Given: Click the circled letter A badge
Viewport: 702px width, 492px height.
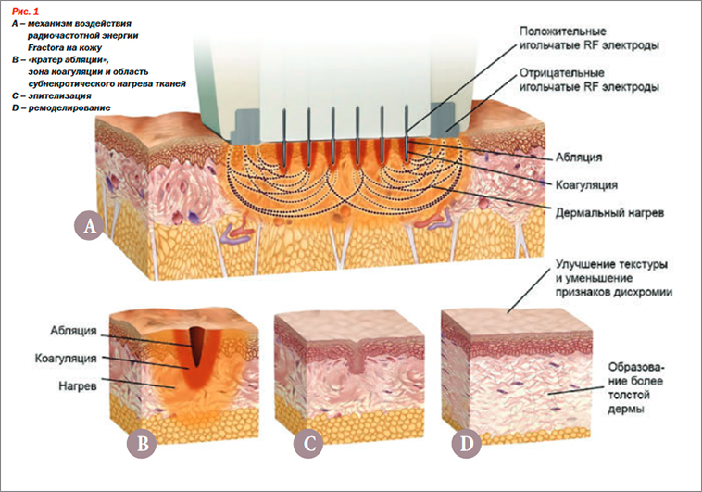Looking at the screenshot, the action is [90, 225].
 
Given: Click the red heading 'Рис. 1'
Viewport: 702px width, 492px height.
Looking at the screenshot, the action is [26, 12].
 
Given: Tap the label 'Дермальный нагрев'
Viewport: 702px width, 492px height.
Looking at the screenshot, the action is [609, 213].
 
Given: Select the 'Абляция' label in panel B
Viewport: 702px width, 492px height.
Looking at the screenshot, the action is [73, 331].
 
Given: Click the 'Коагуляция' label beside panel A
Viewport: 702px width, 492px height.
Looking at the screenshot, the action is [586, 184].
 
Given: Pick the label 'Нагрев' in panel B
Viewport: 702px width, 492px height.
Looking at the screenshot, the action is [78, 385].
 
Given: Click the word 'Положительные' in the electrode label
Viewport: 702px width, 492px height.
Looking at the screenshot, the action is [563, 32].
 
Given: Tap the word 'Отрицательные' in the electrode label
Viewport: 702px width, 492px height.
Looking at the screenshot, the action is [562, 73].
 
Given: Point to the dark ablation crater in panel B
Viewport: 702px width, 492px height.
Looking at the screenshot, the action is [196, 345].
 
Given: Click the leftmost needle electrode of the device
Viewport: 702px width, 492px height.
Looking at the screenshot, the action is [283, 139].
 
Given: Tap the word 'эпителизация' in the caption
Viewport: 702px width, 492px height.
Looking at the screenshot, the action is [59, 95].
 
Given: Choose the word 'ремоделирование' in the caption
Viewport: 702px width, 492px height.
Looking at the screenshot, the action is [69, 108].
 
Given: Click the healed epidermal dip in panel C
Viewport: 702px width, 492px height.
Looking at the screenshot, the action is [356, 357].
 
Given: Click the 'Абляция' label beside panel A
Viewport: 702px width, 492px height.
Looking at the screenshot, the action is [579, 158].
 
